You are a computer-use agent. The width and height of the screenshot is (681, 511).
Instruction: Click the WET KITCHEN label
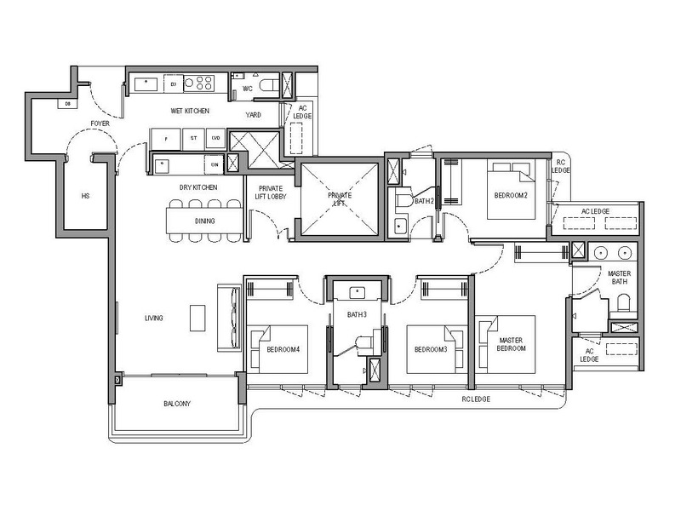tap(190, 111)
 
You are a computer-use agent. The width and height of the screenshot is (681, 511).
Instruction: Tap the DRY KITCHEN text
tap(197, 187)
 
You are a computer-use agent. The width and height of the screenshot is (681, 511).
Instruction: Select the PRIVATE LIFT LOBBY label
tap(272, 192)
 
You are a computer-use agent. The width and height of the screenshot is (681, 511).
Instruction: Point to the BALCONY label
tap(177, 404)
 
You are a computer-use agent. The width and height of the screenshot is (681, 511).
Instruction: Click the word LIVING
tap(154, 318)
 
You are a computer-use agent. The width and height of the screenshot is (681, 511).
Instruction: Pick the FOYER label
tap(100, 123)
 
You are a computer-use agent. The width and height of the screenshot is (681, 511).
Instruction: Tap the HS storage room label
tap(85, 195)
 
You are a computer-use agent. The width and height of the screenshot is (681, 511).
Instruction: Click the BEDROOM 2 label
tap(511, 195)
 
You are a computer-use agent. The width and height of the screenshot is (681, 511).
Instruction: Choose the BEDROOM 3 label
tap(431, 349)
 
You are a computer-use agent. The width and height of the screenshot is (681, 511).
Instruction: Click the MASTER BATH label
tap(619, 278)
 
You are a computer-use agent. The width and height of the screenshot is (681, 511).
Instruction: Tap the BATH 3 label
tap(357, 314)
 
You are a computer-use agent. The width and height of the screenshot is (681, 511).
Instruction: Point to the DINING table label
tap(204, 221)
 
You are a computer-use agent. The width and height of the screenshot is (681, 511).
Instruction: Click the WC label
tap(247, 88)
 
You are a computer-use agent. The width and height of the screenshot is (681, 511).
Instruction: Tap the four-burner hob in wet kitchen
tap(203, 83)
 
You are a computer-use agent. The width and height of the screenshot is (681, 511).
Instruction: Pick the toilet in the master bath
tap(622, 302)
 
